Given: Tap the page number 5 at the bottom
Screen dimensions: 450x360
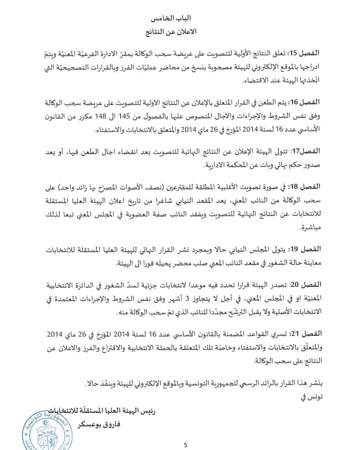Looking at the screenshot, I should pos(186,445).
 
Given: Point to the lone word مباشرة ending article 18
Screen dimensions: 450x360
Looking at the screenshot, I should pos(309,227).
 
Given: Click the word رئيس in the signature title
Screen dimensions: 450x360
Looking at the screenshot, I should pos(149,411).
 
